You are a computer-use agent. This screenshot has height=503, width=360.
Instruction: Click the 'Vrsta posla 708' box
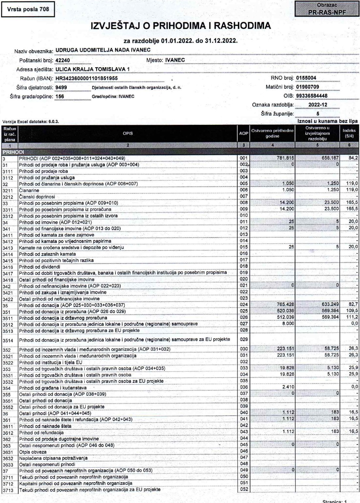[28, 9]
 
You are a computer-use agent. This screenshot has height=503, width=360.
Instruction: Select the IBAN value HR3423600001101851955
[87, 78]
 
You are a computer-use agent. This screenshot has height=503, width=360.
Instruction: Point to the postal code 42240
[62, 60]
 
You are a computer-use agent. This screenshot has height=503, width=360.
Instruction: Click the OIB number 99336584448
[312, 96]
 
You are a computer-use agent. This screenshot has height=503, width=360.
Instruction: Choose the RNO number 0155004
[306, 78]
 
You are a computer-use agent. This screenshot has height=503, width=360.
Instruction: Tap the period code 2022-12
[318, 105]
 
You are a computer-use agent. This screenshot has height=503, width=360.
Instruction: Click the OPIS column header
[128, 133]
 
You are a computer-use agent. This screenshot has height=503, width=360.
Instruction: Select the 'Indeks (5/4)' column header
[350, 133]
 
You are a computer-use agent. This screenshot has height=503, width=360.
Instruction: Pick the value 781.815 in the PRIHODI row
[285, 158]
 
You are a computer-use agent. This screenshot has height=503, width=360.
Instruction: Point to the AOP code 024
[244, 305]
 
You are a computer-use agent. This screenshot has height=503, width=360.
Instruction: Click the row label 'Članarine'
[29, 190]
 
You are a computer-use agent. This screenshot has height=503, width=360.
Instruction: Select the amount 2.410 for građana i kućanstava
[288, 388]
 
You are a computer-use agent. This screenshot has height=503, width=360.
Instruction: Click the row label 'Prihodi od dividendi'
[40, 267]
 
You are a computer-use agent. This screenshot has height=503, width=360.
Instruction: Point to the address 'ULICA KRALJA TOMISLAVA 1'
[92, 69]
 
